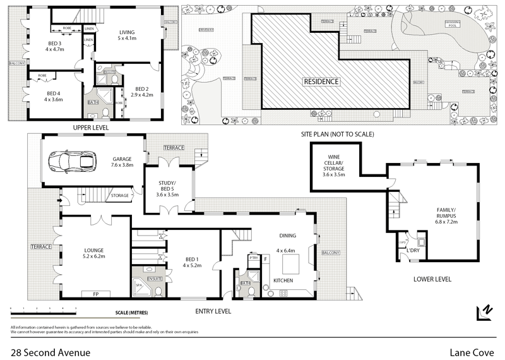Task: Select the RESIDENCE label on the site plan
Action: pos(321,81)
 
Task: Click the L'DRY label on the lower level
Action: pos(431,251)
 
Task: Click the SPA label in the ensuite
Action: pos(138,286)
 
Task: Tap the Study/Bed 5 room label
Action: pos(169,190)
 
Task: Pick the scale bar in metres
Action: pos(43,309)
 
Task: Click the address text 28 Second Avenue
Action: pos(50,352)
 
